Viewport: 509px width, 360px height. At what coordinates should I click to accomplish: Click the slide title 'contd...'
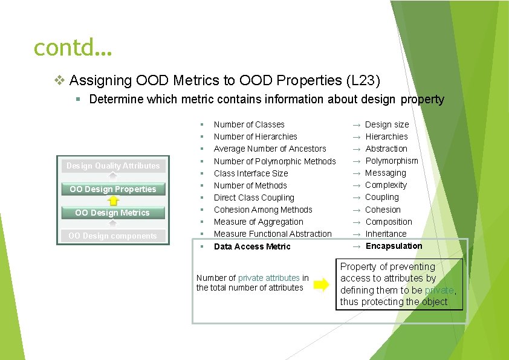73,47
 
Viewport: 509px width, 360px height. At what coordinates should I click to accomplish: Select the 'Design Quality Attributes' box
113,166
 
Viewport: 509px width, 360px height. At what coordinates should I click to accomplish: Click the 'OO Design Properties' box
113,189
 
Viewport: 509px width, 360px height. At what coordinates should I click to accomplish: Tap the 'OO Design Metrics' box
112,213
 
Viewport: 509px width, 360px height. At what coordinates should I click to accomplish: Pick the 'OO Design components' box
112,236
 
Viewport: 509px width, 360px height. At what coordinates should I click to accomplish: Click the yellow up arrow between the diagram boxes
113,201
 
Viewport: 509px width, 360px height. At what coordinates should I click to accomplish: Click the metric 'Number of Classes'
249,124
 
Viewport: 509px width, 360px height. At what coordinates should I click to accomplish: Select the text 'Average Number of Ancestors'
270,149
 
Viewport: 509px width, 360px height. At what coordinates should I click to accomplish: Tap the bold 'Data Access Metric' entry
252,246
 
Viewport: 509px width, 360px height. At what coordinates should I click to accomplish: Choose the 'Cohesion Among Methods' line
263,210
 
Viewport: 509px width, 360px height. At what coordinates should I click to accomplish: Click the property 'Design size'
387,124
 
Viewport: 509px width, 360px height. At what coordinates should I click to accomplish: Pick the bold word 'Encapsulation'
394,246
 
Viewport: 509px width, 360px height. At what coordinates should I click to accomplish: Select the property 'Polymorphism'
392,161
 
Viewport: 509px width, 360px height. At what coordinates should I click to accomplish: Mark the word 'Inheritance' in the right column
386,234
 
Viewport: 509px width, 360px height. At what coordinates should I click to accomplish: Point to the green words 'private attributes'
268,278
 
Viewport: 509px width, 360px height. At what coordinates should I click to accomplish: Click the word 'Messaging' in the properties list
386,173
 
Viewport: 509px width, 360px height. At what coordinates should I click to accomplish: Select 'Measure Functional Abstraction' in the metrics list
273,234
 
